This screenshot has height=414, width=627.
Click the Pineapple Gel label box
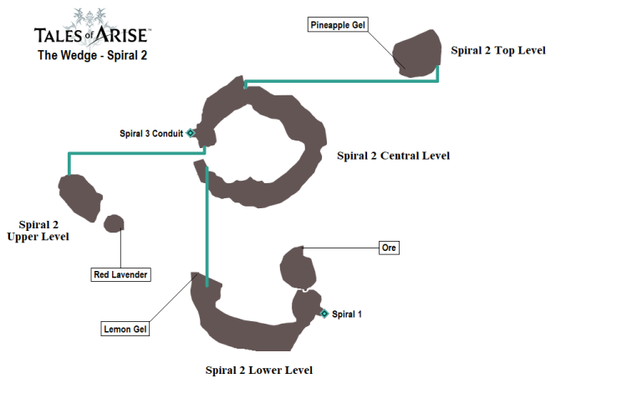(x=339, y=25)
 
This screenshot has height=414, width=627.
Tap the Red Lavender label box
(x=120, y=274)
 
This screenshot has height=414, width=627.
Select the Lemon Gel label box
(x=125, y=329)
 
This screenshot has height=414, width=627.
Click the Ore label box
(x=388, y=248)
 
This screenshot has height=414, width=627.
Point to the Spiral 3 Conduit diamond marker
(x=191, y=133)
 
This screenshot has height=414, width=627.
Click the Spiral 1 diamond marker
(x=324, y=314)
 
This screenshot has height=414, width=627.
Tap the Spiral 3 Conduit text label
(x=151, y=133)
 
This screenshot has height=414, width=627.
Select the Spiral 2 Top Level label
(x=497, y=50)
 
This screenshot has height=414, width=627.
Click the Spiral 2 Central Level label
(x=393, y=156)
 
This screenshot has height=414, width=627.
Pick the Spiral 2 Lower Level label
(x=259, y=370)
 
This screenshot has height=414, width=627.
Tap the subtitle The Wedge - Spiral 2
(x=92, y=56)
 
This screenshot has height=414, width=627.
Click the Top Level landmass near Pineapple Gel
(x=417, y=54)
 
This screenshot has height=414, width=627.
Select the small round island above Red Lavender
(x=113, y=223)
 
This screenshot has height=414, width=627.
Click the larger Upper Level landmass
(x=80, y=196)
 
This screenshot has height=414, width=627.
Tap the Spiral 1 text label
(x=347, y=314)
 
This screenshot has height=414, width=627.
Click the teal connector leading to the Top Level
(x=343, y=81)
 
